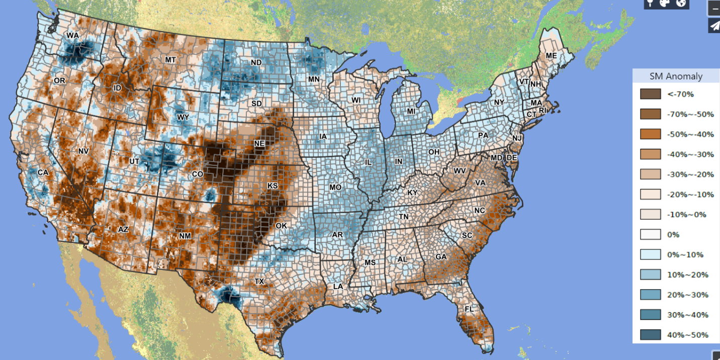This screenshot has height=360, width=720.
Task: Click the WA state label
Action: click(73, 36)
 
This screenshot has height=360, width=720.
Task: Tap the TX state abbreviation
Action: click(259, 281)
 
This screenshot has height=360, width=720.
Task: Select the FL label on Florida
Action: click(469, 309)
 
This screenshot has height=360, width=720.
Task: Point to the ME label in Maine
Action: click(552, 55)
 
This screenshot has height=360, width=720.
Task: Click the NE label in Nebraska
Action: click(259, 143)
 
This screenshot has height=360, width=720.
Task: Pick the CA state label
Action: click(43, 172)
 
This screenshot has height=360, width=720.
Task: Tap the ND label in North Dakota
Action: click(256, 63)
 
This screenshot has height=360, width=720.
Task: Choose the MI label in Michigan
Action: click(411, 111)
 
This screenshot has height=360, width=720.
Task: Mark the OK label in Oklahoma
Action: click(281, 226)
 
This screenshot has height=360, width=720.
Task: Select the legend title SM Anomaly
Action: click(676, 76)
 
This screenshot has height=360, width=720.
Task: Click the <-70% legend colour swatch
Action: click(650, 94)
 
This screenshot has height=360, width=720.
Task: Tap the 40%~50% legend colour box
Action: click(650, 335)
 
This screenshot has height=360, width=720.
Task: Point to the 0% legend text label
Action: click(673, 235)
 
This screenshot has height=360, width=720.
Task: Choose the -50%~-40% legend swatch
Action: click(650, 134)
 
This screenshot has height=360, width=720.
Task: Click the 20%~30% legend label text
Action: click(687, 295)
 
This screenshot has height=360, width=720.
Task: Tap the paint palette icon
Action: click(664, 3)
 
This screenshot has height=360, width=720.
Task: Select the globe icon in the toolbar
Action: click(681, 3)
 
